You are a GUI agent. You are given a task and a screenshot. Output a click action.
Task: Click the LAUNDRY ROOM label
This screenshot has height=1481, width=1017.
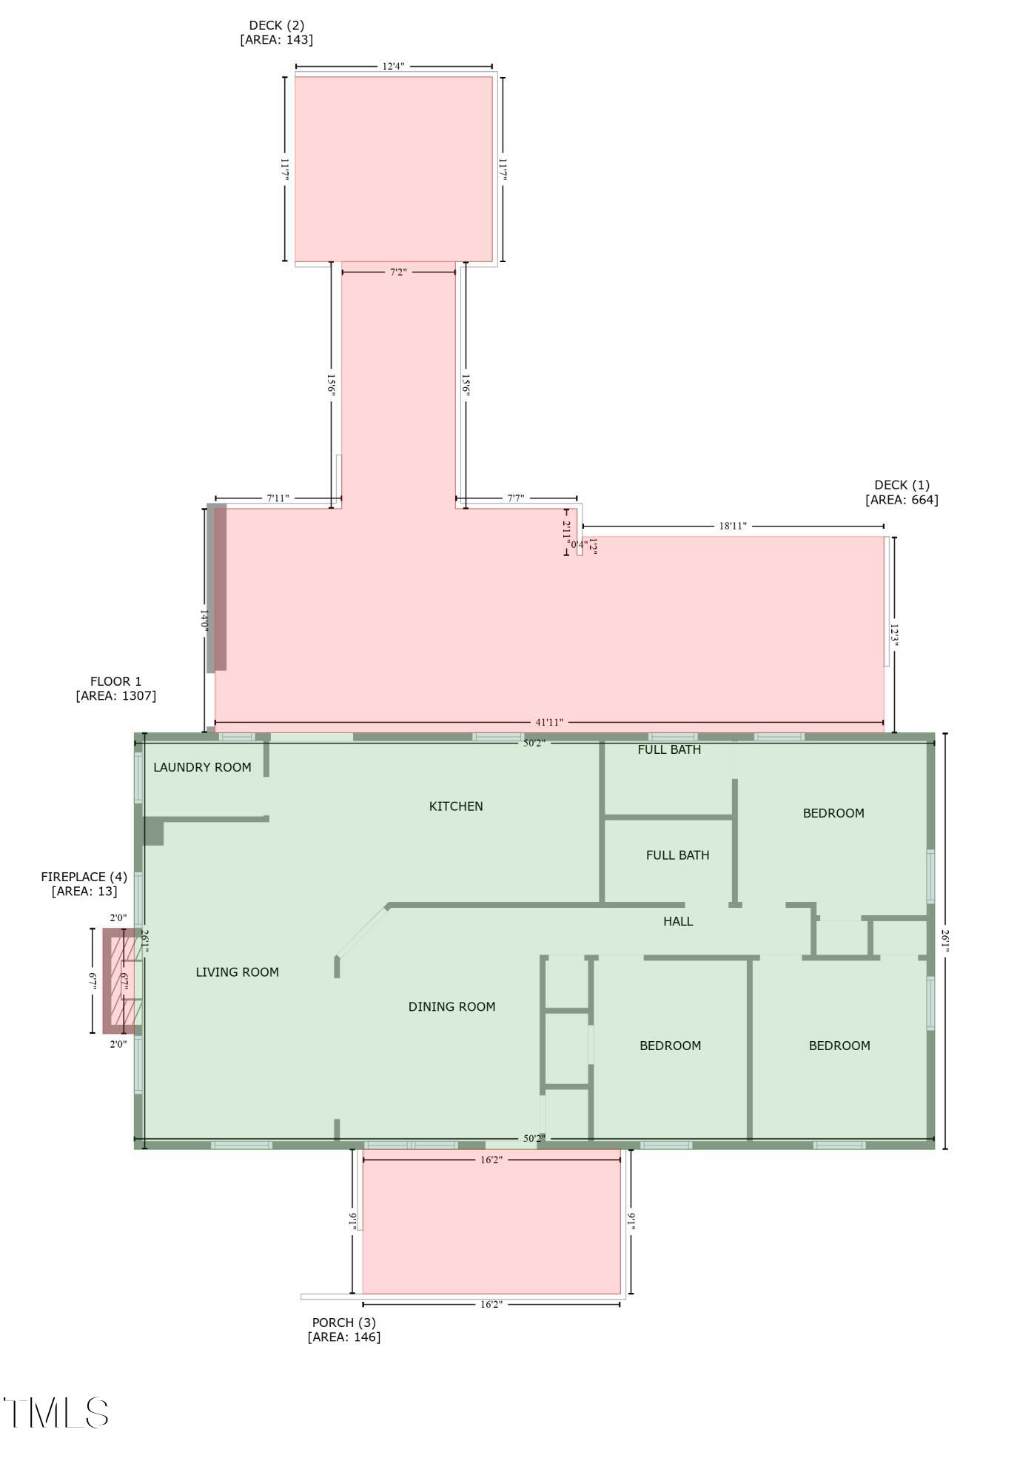202,767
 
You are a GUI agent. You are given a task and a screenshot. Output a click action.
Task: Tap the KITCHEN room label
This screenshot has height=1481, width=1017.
456,806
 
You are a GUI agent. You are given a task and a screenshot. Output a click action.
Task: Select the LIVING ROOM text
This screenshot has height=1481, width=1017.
237,972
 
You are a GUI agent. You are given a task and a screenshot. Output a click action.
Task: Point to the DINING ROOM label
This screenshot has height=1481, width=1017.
452,1006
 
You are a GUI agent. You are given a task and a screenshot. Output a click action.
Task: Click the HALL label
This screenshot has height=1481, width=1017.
678,921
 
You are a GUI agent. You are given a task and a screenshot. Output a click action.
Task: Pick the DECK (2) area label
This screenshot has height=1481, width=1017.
276,33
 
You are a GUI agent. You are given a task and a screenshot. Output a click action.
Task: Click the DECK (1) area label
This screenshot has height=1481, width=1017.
902,492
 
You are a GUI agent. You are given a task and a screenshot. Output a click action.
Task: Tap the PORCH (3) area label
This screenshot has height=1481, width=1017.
343,1329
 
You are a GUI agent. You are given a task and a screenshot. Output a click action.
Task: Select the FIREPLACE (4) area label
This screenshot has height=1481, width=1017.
84,884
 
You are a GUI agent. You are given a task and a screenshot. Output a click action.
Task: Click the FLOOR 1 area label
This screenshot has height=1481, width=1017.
115,689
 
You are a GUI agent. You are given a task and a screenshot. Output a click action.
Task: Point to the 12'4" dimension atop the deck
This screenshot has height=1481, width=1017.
393,66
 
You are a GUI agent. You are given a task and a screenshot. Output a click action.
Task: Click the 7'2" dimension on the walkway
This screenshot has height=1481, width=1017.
398,273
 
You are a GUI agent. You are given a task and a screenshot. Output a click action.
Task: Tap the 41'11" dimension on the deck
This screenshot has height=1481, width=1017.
549,722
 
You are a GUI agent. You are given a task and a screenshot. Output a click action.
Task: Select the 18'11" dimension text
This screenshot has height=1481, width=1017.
733,526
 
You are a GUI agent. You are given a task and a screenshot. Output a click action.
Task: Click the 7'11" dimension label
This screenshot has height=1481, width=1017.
278,498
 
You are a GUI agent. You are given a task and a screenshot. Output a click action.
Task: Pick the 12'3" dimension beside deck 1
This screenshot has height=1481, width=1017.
895,635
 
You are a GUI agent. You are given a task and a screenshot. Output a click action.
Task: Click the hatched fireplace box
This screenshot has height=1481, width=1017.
121,980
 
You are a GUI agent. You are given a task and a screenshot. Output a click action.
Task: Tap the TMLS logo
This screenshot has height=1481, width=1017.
56,1413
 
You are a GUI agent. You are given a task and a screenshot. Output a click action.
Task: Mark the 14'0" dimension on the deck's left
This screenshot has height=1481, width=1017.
204,619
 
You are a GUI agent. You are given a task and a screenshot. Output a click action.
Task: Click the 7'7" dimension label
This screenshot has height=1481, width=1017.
516,498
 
